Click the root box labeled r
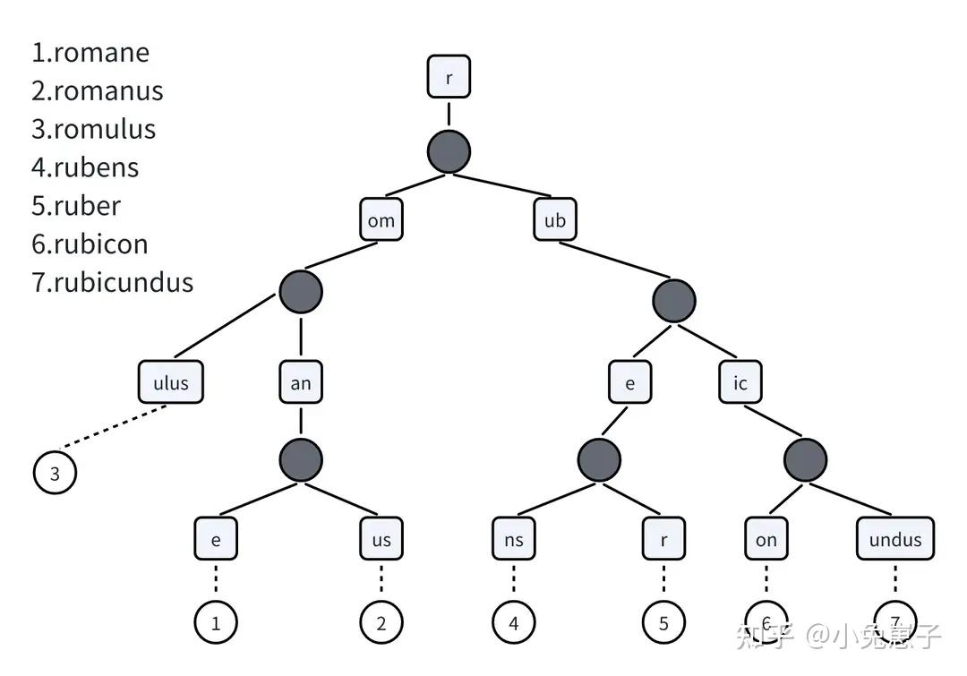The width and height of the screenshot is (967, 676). click(449, 77)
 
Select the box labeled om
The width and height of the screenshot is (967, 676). click(381, 219)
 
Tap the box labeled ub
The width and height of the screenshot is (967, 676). click(555, 219)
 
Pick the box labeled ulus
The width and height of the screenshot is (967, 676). click(171, 382)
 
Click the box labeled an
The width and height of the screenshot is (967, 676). click(301, 382)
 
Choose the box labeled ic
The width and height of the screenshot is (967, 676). click(740, 382)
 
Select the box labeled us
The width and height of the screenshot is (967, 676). click(381, 539)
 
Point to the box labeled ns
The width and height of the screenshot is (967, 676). click(514, 539)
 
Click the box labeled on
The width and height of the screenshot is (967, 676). click(766, 539)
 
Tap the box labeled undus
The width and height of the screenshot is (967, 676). click(895, 539)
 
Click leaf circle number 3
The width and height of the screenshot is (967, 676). click(55, 473)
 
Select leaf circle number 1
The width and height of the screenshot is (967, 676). click(216, 623)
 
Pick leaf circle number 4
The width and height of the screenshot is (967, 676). click(514, 623)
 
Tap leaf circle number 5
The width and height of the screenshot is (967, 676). click(663, 623)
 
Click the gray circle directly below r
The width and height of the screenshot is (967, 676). click(449, 151)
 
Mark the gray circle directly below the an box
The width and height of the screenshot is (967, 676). click(301, 460)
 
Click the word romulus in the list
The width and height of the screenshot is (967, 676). click(104, 129)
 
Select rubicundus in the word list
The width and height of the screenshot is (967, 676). click(123, 282)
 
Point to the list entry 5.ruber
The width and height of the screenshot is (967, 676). click(76, 206)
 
